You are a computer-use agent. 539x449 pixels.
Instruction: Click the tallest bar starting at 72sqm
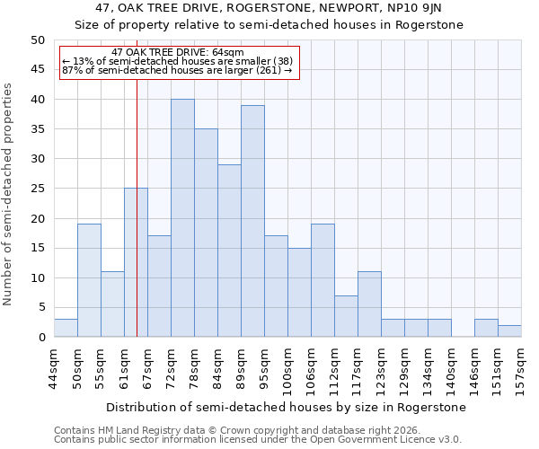click(x=182, y=218)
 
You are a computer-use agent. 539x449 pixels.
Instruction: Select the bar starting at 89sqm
click(x=252, y=221)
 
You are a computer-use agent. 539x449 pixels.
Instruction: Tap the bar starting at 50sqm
click(x=89, y=280)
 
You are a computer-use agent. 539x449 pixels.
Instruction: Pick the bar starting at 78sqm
click(x=206, y=233)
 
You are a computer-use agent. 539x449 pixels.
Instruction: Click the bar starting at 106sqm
click(x=323, y=280)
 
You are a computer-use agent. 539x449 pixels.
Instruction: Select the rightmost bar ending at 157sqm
click(x=509, y=331)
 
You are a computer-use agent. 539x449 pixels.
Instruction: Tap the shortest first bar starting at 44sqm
click(x=66, y=329)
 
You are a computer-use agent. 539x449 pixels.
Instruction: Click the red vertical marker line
click(x=137, y=207)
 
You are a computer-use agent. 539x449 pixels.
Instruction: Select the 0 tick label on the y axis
click(x=41, y=338)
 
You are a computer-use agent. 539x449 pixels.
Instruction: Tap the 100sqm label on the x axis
click(x=288, y=368)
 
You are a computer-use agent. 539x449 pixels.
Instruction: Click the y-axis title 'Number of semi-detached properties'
click(x=9, y=194)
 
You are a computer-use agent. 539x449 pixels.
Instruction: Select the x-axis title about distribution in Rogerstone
click(x=287, y=407)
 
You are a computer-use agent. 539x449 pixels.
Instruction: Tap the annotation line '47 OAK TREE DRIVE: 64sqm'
click(x=178, y=53)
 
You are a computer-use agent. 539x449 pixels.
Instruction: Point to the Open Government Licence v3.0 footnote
click(x=258, y=439)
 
